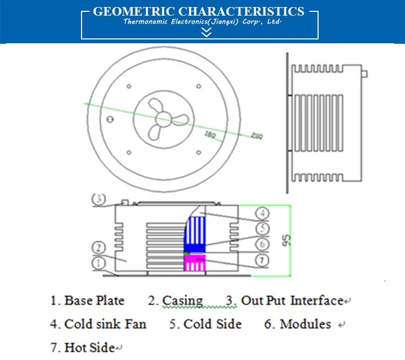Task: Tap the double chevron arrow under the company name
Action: (x=206, y=32)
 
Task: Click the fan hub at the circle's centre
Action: (x=164, y=119)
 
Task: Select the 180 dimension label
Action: (x=210, y=134)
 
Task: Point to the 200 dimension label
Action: (x=257, y=136)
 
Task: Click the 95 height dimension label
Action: (x=286, y=240)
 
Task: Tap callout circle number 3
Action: (x=99, y=199)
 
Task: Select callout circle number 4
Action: (x=262, y=214)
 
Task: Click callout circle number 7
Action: (x=262, y=261)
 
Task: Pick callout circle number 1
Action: (x=99, y=263)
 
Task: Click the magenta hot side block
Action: (x=195, y=263)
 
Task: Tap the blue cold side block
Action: (x=195, y=235)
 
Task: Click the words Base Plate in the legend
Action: (x=94, y=301)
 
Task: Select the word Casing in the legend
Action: (x=183, y=301)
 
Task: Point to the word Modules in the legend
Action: (x=305, y=324)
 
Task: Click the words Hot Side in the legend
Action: (x=89, y=348)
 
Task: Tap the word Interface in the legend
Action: (x=317, y=301)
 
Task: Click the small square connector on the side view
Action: (x=364, y=74)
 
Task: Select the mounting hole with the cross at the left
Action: (x=110, y=119)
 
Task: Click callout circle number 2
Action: (x=99, y=248)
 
